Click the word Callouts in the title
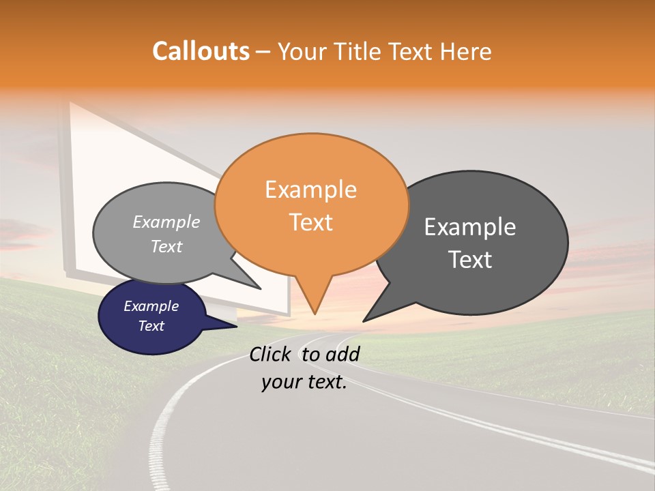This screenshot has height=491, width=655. coord(201,51)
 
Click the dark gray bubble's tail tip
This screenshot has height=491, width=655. coord(364,321)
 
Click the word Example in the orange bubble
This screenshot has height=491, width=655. coord(310,190)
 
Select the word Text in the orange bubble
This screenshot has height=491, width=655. coord(310,222)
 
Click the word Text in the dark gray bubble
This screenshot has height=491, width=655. coord(471,259)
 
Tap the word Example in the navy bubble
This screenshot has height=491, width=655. coord(151,306)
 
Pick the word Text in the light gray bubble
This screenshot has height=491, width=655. coord(166,246)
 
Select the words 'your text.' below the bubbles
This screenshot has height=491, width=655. coord(304,382)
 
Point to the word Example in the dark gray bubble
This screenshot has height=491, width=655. coord(470,226)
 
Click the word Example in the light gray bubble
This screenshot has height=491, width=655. coord(166,222)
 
